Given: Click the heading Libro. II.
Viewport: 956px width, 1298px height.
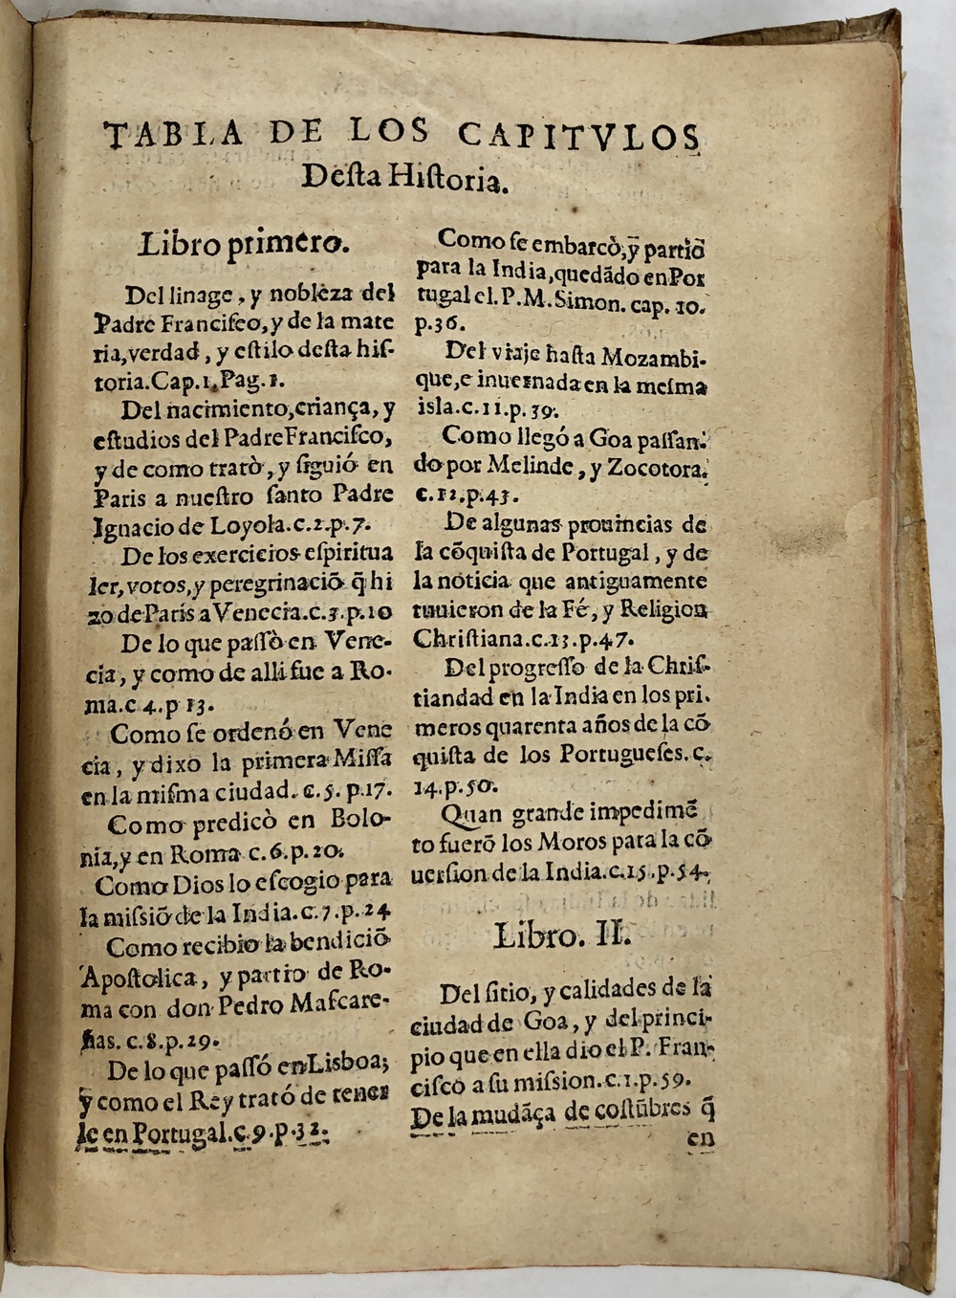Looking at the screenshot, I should tap(561, 935).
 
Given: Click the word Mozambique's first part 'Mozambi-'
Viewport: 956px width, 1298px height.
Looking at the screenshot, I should tap(654, 357).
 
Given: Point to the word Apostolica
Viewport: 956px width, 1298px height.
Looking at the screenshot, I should tap(140, 978).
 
